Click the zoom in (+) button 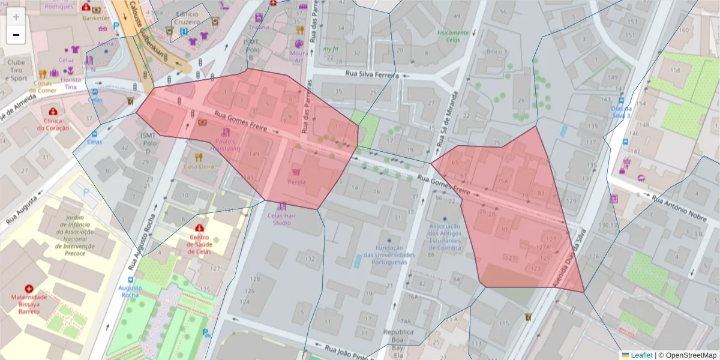(16, 17)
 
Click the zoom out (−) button (16, 35)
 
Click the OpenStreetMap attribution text (687, 355)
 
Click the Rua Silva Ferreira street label (372, 74)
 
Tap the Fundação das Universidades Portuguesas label (389, 255)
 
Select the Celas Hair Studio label (283, 219)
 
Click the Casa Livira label (199, 166)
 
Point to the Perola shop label (296, 182)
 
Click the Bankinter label (96, 18)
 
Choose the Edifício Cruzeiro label (184, 17)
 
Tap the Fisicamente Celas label (453, 36)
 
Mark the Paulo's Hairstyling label (224, 145)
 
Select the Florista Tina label (71, 83)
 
